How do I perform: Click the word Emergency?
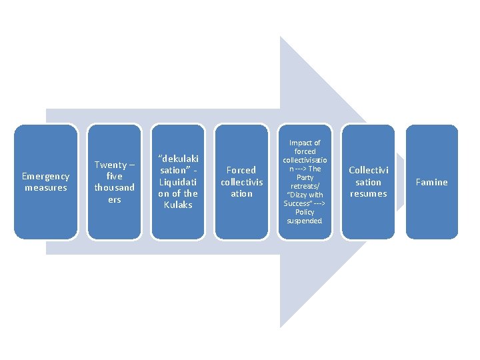coord(45,176)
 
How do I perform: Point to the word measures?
coord(45,187)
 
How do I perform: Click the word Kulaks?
coord(177,205)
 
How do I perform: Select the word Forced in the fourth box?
coord(241,170)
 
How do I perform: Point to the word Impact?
coord(305,143)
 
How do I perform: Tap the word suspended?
coord(305,221)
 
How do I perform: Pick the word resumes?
coord(369,193)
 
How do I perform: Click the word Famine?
coord(432,182)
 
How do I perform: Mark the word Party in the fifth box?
coord(305,177)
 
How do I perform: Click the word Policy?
coord(305,212)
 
